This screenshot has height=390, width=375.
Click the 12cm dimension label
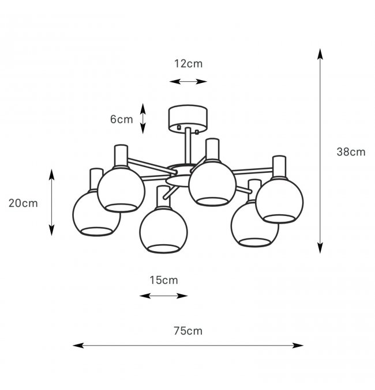[x=188, y=64]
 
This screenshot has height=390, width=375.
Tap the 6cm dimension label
[x=121, y=119]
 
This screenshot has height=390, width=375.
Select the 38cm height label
[x=351, y=152]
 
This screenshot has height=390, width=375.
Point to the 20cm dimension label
[x=23, y=203]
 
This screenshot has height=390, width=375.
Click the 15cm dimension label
[x=164, y=281]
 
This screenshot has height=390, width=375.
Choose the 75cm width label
[x=188, y=331]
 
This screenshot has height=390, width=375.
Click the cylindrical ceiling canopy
[x=188, y=118]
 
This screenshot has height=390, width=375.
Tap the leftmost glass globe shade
[x=96, y=214]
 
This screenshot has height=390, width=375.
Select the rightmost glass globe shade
[x=279, y=200]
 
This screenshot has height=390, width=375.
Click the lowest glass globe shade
[x=163, y=230]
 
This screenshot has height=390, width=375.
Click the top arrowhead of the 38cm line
[x=320, y=54]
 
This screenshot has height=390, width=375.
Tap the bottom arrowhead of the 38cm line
[x=320, y=248]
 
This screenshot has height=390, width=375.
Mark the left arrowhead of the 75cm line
[x=78, y=345]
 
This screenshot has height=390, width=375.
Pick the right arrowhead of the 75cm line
[x=298, y=345]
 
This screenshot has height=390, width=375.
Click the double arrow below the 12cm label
[x=188, y=81]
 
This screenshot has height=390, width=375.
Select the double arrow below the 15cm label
[x=163, y=296]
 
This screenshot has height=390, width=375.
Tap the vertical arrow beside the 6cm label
[x=142, y=119]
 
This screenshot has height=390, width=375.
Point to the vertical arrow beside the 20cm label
[x=51, y=202]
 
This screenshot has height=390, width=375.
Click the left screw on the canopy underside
[x=179, y=127]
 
